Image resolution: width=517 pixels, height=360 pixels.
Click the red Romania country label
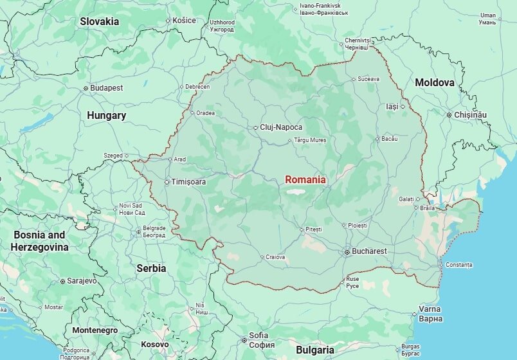pyautogui.click(x=305, y=180)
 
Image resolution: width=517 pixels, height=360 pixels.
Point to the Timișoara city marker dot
pyautogui.click(x=167, y=182)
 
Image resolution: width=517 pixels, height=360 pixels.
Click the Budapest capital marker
pyautogui.click(x=86, y=88)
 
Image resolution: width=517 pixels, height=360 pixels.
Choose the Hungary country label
pyautogui.click(x=106, y=116)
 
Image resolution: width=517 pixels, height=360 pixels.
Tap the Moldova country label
pyautogui.click(x=435, y=83)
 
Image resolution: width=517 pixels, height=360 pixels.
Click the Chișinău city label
pyautogui.click(x=471, y=114)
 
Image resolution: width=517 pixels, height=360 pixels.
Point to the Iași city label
pyautogui.click(x=392, y=107)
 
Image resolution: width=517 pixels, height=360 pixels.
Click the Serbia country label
pyautogui.click(x=151, y=268)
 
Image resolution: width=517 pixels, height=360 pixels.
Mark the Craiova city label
pyautogui.click(x=275, y=257)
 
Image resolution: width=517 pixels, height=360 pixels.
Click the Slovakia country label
pyautogui.click(x=100, y=21)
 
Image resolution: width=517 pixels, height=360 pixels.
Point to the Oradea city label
pyautogui.click(x=205, y=113)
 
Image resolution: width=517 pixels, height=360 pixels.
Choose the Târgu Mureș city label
pyautogui.click(x=310, y=139)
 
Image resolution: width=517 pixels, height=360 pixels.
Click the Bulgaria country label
pyautogui.click(x=314, y=350)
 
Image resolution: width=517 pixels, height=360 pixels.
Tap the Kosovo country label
pyautogui.click(x=154, y=345)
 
